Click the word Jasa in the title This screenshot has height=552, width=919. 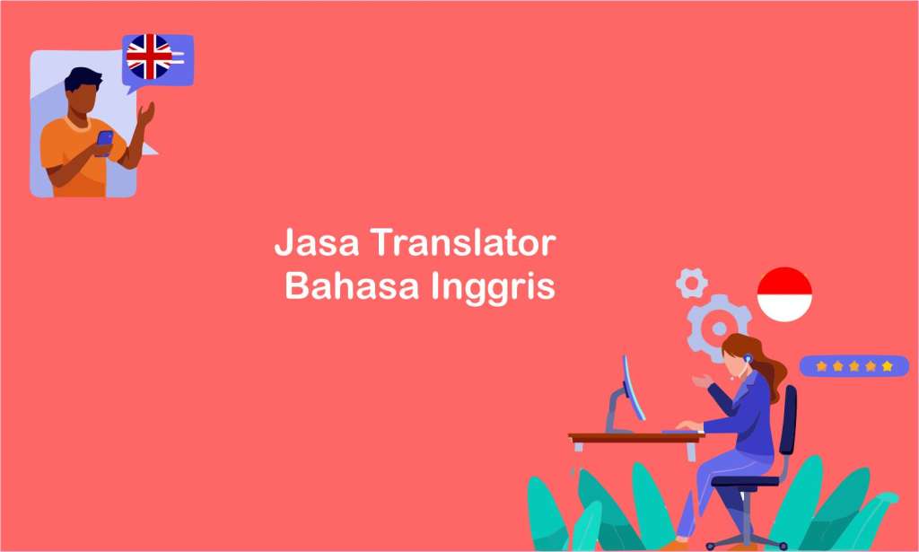(316, 242)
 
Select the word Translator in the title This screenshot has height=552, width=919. (463, 242)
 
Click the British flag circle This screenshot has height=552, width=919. (149, 57)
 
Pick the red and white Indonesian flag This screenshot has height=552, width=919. (784, 294)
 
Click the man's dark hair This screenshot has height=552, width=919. (83, 78)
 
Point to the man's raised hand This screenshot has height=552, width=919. (146, 114)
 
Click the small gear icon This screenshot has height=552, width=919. (692, 284)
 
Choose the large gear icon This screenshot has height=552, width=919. (717, 327)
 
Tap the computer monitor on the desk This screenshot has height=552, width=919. (633, 388)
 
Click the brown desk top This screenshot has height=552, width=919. (636, 438)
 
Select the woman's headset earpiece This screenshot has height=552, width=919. (748, 358)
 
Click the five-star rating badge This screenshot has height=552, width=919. (854, 366)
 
